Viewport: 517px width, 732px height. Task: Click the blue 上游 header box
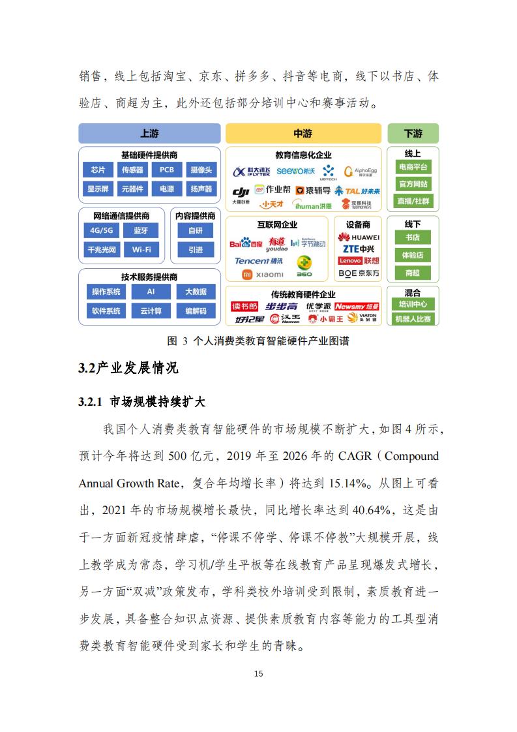pos(149,133)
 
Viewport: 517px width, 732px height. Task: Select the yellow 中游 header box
pos(303,133)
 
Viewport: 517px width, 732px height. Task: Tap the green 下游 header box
pos(413,133)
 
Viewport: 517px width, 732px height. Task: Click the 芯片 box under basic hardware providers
pos(98,170)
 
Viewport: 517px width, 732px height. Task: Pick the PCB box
pos(167,170)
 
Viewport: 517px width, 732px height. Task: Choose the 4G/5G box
pos(102,230)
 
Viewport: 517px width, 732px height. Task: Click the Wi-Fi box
pos(141,249)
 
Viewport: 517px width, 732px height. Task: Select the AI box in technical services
pos(151,292)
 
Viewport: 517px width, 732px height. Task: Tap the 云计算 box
pos(151,311)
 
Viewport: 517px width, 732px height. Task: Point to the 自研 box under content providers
pos(196,230)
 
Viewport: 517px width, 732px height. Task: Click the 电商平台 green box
pos(413,168)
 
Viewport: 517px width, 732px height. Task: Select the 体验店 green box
pos(413,255)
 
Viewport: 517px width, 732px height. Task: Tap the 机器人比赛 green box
pos(413,319)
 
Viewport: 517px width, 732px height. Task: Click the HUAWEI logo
pos(359,237)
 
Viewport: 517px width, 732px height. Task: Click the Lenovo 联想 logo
pos(359,261)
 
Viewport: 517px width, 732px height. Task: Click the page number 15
pos(258,673)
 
